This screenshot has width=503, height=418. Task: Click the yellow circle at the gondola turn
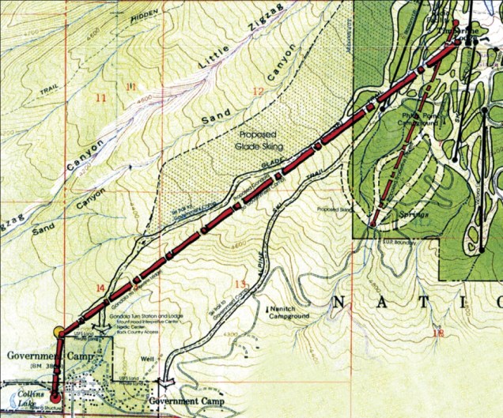click(59, 333)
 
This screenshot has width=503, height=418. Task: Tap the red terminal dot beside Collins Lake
click(55, 397)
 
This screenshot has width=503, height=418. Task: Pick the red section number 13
click(241, 283)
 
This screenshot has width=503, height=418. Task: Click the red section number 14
click(100, 288)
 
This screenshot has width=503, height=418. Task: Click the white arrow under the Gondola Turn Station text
click(102, 326)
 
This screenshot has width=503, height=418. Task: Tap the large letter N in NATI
click(341, 301)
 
